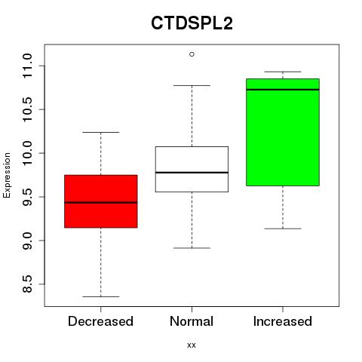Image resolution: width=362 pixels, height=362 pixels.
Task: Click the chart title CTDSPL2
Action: [192, 23]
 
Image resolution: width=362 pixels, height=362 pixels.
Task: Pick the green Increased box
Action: [283, 132]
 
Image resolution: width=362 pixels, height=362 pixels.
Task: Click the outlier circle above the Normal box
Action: [192, 54]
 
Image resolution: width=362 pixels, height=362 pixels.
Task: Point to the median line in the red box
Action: [101, 202]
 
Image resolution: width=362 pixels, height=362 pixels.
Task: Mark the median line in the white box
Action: [192, 173]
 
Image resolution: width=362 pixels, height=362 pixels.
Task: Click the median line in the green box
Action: [283, 90]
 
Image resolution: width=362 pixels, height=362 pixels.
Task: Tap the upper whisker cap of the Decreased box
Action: [101, 132]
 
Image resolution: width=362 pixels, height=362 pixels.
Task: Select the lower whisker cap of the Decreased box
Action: [101, 296]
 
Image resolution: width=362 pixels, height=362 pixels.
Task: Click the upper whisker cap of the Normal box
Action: [192, 85]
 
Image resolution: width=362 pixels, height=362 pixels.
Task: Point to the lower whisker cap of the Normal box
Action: [192, 248]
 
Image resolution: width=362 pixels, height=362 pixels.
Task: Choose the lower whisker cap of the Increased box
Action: [283, 229]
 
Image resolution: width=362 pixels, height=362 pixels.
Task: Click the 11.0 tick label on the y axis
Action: [27, 66]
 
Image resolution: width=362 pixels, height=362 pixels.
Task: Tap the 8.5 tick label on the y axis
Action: [27, 284]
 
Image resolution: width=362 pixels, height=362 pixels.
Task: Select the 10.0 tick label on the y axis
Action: [27, 153]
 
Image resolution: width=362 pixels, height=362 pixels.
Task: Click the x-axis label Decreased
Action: [100, 321]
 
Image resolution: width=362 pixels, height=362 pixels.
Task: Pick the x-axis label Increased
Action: [283, 321]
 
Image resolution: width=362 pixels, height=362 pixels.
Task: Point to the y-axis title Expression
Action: [7, 175]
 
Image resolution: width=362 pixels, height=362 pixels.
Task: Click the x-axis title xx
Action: [192, 345]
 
